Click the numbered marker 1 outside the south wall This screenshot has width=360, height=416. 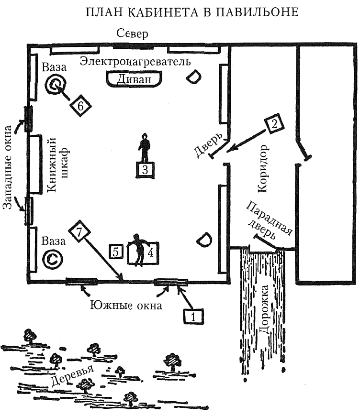point(192,316)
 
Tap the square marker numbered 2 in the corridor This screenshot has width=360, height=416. point(274,124)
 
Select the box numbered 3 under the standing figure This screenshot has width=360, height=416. point(146,169)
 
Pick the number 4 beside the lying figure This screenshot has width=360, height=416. point(150,252)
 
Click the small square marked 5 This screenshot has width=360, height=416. point(117,252)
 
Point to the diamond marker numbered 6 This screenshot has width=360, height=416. point(80,106)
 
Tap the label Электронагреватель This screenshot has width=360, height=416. point(135,62)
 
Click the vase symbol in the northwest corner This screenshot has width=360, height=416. point(56,86)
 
